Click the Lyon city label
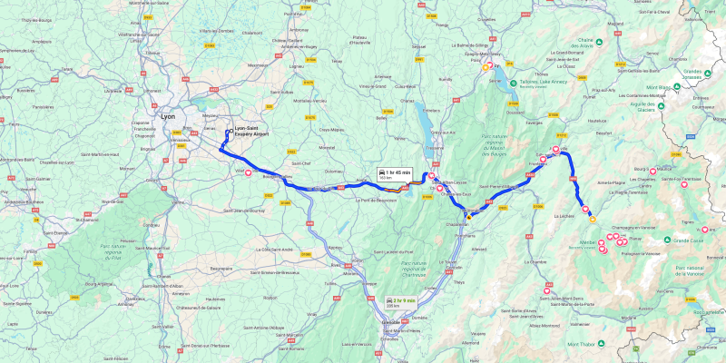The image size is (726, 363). pyautogui.click(x=168, y=117)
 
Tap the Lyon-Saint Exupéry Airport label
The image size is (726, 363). pyautogui.click(x=252, y=131)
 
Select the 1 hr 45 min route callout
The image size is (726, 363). pyautogui.click(x=395, y=173)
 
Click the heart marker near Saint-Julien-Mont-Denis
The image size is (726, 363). pyautogui.click(x=546, y=291)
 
